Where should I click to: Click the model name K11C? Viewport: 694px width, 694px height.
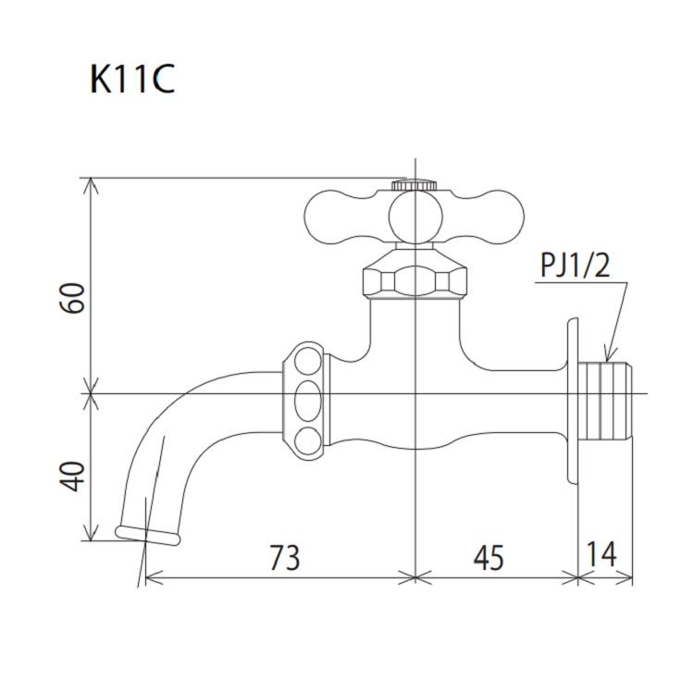click(x=132, y=80)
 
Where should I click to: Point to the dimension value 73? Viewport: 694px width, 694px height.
click(x=284, y=557)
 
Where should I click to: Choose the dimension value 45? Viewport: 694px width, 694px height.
click(x=488, y=557)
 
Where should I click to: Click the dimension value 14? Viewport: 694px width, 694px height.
click(x=601, y=555)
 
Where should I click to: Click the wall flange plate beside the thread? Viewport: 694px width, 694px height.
click(x=573, y=401)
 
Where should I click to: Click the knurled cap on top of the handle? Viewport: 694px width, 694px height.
click(x=414, y=185)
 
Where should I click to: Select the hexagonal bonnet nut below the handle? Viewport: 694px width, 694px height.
click(x=414, y=278)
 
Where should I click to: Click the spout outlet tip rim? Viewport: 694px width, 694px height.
click(x=147, y=534)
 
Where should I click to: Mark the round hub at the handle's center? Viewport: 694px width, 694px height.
click(x=414, y=218)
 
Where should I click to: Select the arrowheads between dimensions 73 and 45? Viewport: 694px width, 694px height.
click(x=414, y=578)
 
